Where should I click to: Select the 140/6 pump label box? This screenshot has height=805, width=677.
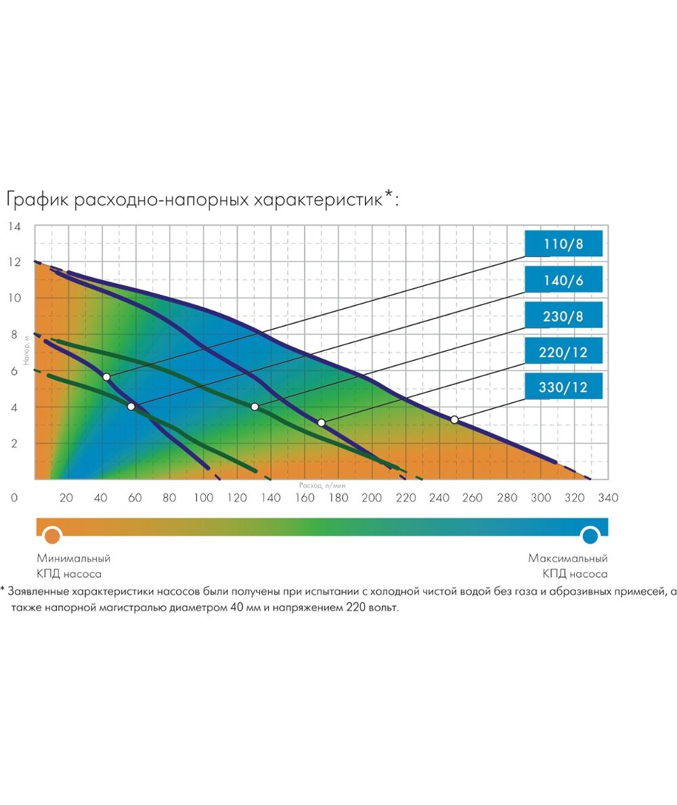(x=563, y=280)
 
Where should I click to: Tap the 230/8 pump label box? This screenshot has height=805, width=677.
(x=563, y=316)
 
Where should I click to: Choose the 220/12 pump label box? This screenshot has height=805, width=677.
(x=563, y=352)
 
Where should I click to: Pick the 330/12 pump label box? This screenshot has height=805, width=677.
(x=563, y=388)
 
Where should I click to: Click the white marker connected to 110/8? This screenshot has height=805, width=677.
(x=106, y=377)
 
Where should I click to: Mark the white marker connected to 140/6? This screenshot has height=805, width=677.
(x=131, y=407)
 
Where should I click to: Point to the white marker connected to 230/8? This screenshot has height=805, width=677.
(x=255, y=407)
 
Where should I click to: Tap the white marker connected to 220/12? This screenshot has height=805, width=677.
(x=322, y=423)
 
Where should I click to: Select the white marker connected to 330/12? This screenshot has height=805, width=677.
(x=454, y=419)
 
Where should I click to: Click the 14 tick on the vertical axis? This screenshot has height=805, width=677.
(x=15, y=226)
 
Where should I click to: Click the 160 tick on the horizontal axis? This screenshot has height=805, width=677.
(x=304, y=498)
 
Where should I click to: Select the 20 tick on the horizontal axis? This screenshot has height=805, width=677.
(x=66, y=498)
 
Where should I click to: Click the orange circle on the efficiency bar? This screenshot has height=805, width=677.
(x=51, y=536)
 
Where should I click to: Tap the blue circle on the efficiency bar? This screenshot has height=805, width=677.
(x=590, y=536)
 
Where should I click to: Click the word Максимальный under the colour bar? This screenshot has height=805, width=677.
(x=568, y=559)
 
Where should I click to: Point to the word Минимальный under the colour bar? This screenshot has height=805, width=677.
(x=74, y=559)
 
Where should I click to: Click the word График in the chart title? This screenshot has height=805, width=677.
(x=37, y=201)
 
